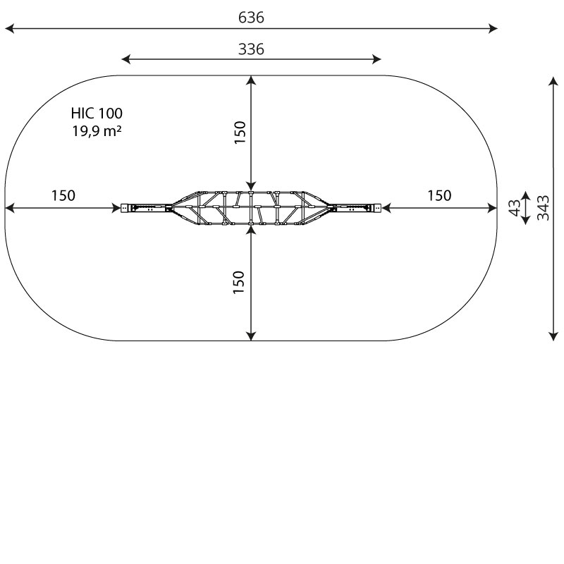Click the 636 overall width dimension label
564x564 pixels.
[x=251, y=17]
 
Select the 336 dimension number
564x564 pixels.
[x=251, y=49]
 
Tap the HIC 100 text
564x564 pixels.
[x=97, y=114]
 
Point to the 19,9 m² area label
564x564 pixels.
[x=97, y=130]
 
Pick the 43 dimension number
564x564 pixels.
[x=515, y=208]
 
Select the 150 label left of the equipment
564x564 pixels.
[x=63, y=196]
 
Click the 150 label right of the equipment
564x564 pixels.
[x=439, y=196]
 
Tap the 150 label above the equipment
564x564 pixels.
[x=240, y=133]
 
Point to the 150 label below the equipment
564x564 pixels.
[x=238, y=283]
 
